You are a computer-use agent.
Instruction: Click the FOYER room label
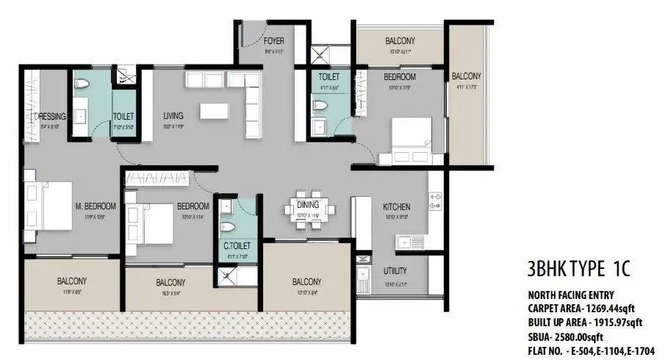click(x=273, y=41)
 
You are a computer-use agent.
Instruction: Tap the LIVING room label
click(x=173, y=116)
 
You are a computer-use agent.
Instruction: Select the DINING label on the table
click(x=309, y=205)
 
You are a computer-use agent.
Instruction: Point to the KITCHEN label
click(x=396, y=207)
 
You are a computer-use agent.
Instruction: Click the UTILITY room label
click(x=395, y=271)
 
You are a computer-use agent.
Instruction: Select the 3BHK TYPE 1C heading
click(x=580, y=267)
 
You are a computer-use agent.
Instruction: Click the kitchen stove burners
click(x=435, y=201)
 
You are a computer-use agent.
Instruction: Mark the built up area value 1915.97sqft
click(x=618, y=322)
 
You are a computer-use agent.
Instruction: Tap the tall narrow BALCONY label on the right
click(x=466, y=76)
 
